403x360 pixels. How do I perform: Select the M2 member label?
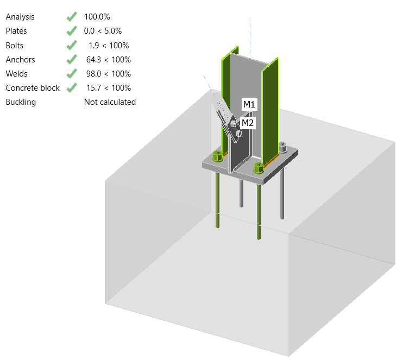pos(248,123)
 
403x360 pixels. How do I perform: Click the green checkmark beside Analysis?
pos(71,17)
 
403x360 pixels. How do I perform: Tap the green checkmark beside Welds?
pos(71,73)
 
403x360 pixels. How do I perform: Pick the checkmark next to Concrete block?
pos(71,87)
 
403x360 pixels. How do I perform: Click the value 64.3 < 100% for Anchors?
pos(108,59)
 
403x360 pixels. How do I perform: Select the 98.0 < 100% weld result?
pos(108,73)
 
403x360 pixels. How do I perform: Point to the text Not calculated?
pos(110,102)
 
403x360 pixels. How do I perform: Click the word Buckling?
pos(21,102)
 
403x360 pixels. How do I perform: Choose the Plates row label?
pos(16,31)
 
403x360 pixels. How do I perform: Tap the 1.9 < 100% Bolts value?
pos(108,45)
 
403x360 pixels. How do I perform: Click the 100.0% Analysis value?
pos(100,17)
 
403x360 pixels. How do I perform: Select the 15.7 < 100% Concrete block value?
pos(108,87)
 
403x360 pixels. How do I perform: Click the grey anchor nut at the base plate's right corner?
pos(282,146)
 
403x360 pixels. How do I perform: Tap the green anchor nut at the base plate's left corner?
pos(216,156)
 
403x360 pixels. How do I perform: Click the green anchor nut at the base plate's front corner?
pos(259,167)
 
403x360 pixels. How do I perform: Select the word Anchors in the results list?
pos(20,59)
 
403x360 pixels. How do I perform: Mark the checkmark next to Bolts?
pos(71,45)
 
